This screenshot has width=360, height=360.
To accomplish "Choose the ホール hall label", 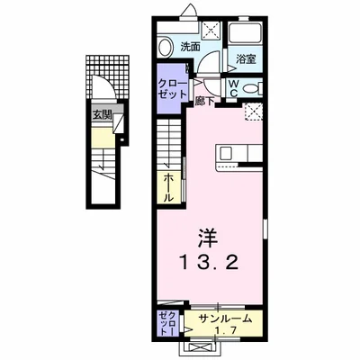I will (x=168, y=186).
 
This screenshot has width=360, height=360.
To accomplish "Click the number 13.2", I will (x=208, y=265).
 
